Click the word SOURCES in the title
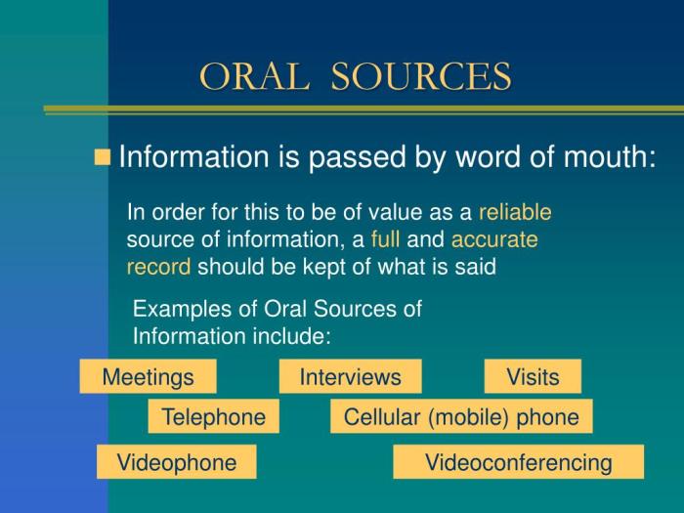click(421, 76)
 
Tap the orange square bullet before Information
click(102, 157)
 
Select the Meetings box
click(148, 376)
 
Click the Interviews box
click(350, 376)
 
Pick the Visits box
click(533, 376)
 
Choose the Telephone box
click(213, 417)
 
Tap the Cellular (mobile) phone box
click(461, 417)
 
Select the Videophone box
click(176, 462)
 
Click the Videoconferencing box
click(518, 462)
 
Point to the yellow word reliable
click(515, 212)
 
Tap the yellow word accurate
click(494, 239)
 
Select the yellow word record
click(158, 266)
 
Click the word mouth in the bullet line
click(605, 157)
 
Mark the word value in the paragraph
click(405, 212)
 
